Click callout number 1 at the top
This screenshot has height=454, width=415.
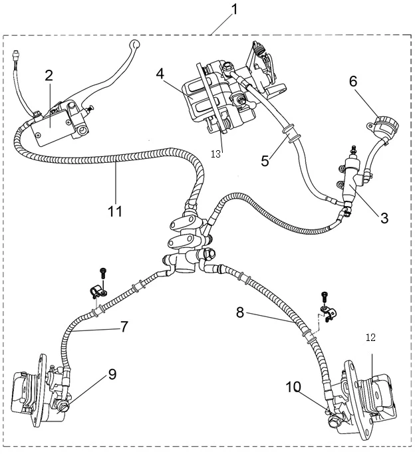click(x=234, y=9)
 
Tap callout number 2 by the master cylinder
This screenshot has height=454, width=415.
click(x=49, y=75)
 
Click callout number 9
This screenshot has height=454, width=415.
click(x=112, y=374)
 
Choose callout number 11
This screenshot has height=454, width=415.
click(x=114, y=212)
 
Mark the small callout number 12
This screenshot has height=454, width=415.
click(x=371, y=338)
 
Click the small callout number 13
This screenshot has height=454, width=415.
click(x=216, y=154)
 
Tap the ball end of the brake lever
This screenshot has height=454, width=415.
click(x=135, y=46)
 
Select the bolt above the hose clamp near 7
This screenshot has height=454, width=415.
click(x=103, y=273)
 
